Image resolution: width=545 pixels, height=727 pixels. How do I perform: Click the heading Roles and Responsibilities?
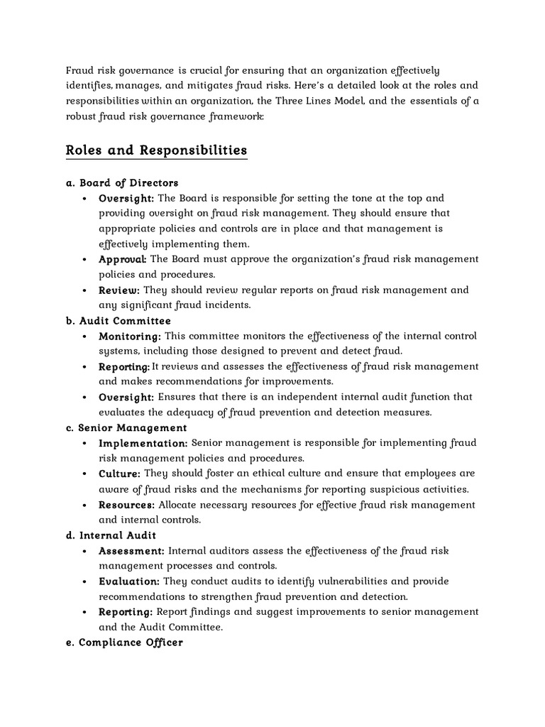(x=156, y=151)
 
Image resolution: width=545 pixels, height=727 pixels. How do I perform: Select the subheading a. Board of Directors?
(x=122, y=183)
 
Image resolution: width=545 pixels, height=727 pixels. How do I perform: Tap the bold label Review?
(x=119, y=290)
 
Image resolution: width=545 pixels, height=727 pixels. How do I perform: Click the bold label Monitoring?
(x=130, y=337)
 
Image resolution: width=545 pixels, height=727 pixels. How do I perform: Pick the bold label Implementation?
(x=143, y=444)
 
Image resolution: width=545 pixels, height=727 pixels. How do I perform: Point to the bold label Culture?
(x=119, y=474)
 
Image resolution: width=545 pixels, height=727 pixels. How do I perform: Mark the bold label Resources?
(x=126, y=505)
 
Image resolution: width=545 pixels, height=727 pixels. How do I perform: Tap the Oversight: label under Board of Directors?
(x=126, y=198)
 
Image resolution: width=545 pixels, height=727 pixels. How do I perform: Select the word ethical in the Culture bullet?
(x=265, y=474)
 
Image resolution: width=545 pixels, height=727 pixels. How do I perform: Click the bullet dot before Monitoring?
(x=85, y=337)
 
